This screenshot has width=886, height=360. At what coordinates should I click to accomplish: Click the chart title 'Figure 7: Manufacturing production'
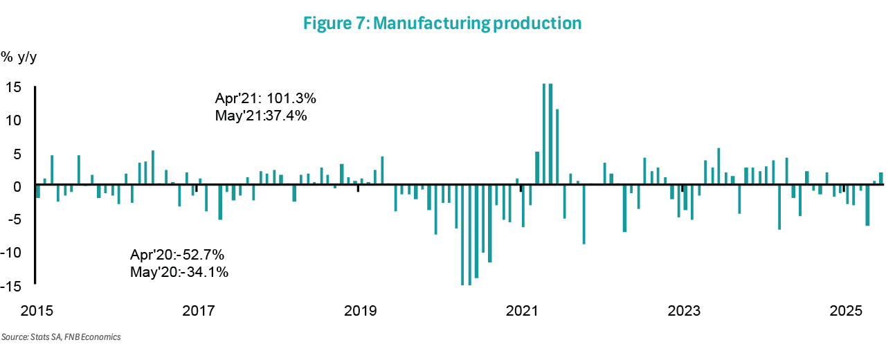(x=442, y=23)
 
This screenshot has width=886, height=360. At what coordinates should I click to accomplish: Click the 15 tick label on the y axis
(x=15, y=87)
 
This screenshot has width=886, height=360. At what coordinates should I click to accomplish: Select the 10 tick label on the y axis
(x=15, y=120)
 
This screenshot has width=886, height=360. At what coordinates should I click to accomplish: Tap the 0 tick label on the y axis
(x=19, y=187)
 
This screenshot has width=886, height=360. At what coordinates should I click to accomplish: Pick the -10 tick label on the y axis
(x=12, y=253)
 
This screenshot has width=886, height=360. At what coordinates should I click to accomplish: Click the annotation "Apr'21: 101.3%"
(x=266, y=98)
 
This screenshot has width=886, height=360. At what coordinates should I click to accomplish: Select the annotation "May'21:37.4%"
(x=261, y=116)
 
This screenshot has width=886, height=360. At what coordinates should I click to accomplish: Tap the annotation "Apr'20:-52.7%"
(x=177, y=255)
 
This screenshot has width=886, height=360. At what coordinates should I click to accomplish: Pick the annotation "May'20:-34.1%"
(x=179, y=272)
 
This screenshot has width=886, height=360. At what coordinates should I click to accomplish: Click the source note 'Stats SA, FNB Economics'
(x=61, y=337)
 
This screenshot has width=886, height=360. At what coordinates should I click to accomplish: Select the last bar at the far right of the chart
(x=881, y=179)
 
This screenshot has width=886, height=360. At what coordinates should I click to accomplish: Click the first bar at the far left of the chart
(x=39, y=192)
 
